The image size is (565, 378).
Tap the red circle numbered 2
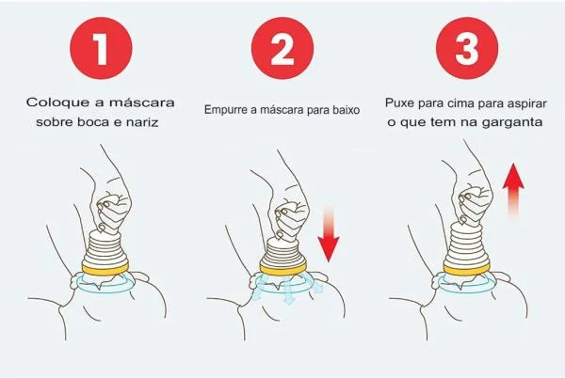coord(283,48)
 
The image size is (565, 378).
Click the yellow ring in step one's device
coord(109,269)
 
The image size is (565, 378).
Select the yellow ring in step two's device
coord(283,268)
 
